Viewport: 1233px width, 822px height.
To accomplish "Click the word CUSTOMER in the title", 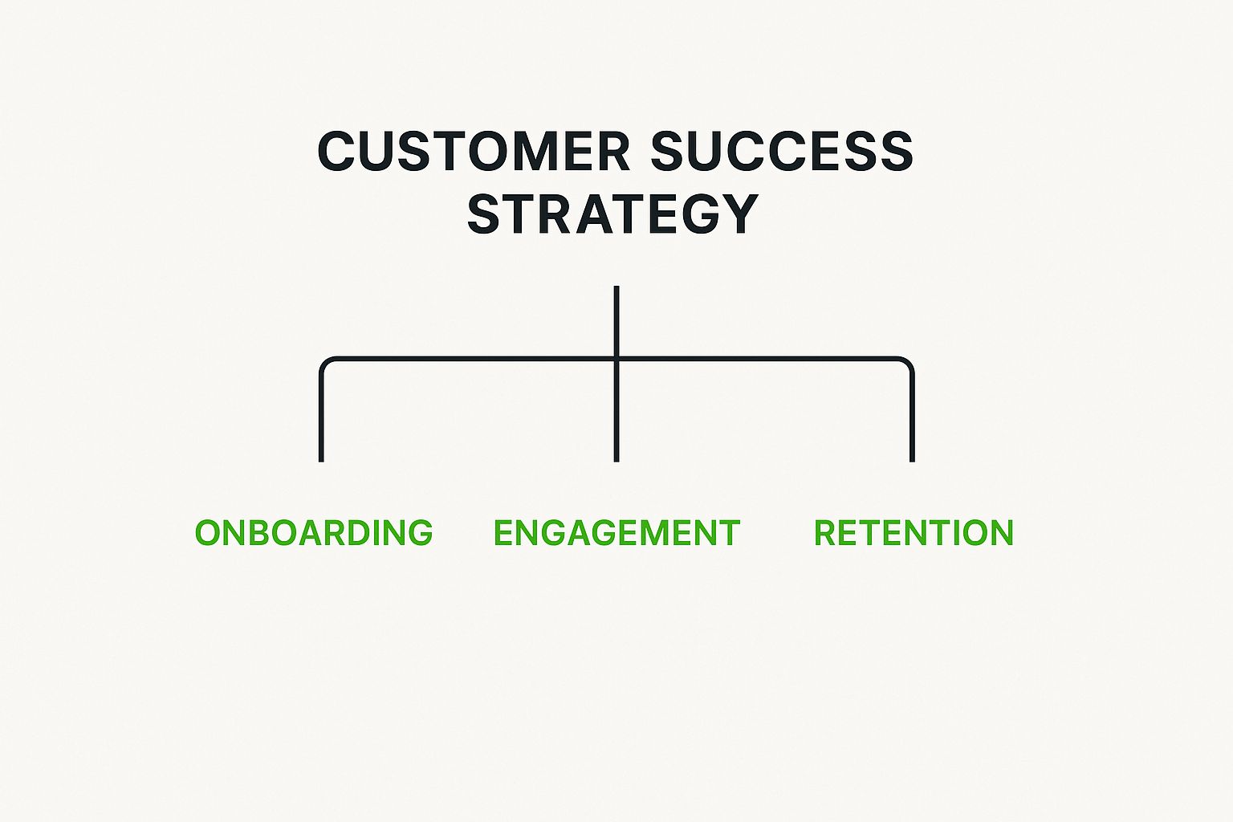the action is (474, 151).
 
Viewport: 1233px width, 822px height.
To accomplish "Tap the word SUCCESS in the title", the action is (782, 151).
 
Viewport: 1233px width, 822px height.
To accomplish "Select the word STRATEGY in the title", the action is (613, 214).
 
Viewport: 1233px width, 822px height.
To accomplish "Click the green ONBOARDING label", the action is (314, 532).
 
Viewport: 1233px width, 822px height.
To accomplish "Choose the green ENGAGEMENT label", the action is (617, 532).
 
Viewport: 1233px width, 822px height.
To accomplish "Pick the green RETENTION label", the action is (914, 532).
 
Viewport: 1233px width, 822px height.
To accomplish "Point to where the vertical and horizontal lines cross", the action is (616, 359).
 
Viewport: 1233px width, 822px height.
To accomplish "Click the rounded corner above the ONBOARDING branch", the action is (325, 364).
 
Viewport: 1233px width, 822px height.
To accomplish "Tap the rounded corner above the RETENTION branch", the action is (908, 364).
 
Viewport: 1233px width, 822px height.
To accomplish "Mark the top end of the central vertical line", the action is (616, 287).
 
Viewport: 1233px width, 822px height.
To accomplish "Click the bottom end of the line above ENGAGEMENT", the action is (616, 461).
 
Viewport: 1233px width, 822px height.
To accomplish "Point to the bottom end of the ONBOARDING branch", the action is (321, 461).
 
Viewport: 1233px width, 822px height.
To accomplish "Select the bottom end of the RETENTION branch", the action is (912, 461).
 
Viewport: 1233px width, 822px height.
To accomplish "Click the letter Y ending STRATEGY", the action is (740, 214).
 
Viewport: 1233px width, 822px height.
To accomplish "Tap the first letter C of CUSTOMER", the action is (337, 151).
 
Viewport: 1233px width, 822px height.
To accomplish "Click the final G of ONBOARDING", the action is (421, 532).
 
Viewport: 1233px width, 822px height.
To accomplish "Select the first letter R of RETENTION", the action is (826, 532).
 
